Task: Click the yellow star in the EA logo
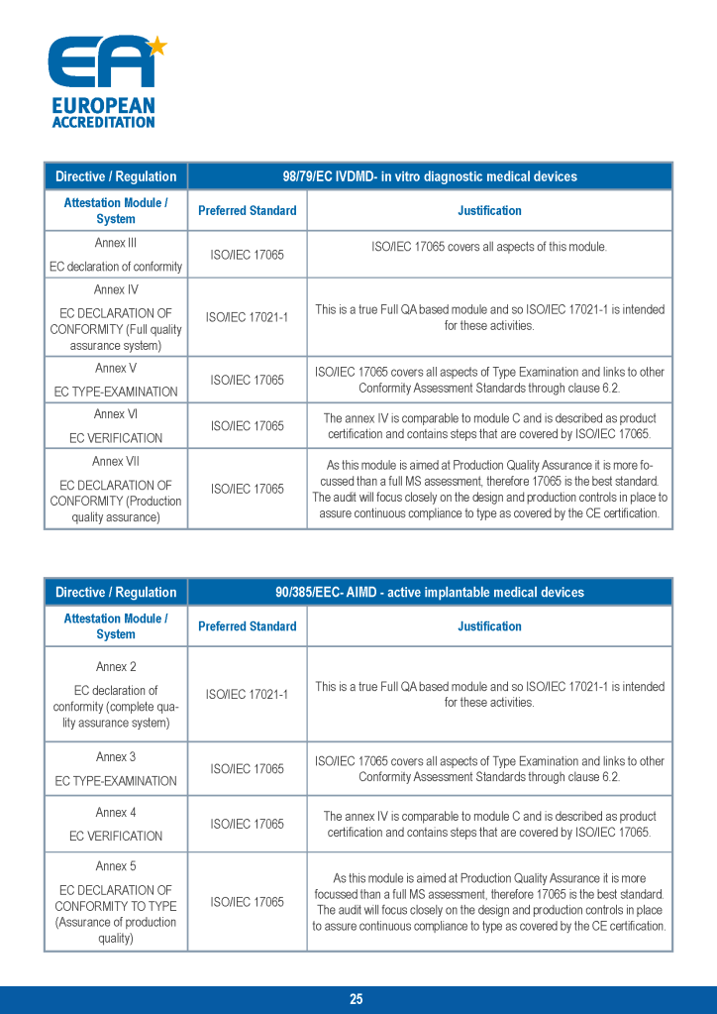156,45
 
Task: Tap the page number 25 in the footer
357,999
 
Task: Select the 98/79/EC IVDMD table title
430,176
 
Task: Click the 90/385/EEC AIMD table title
430,592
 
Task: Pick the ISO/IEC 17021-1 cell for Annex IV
247,317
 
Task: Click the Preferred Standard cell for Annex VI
247,425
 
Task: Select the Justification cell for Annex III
489,247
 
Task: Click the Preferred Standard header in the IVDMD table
247,210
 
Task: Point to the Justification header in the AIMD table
489,625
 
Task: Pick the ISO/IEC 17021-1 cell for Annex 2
247,694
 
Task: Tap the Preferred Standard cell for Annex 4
247,824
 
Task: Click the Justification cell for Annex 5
489,902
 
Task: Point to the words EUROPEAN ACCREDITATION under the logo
103,113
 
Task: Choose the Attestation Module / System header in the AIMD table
116,625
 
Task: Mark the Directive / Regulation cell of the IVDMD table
116,176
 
